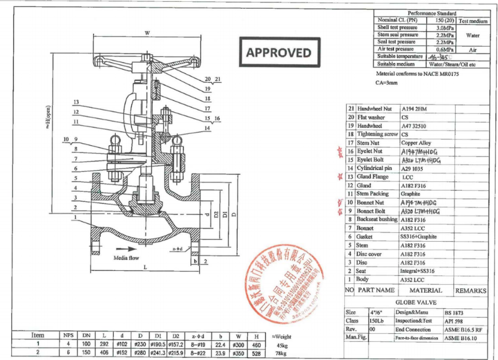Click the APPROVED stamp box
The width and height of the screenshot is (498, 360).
point(279,52)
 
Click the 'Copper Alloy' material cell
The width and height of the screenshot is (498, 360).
point(416,143)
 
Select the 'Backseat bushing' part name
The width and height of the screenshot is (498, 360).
point(377,219)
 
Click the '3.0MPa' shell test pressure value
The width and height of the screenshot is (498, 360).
point(444,28)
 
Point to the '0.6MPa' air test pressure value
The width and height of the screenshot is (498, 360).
point(444,49)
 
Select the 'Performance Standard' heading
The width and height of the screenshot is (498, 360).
point(431,13)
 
